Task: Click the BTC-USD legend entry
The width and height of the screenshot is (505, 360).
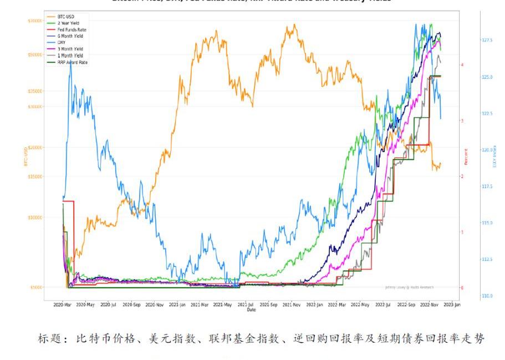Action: tap(66, 17)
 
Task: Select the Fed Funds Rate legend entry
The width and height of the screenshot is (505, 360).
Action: tap(72, 29)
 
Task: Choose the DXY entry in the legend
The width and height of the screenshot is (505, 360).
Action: tap(62, 43)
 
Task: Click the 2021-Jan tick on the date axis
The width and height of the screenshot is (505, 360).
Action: tap(177, 305)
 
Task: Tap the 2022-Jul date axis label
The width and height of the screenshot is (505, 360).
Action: tap(383, 305)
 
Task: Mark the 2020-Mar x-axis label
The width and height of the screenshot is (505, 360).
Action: tap(62, 305)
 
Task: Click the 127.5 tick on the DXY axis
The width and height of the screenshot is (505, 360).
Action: tap(487, 40)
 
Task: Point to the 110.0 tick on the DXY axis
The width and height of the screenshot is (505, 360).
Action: tap(487, 296)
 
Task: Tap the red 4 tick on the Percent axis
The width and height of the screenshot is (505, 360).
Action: tap(462, 65)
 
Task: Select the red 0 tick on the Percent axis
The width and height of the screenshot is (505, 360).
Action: tap(462, 288)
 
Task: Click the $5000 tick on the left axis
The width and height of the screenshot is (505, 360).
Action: tap(35, 287)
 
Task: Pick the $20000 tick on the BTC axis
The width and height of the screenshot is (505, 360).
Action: tap(34, 148)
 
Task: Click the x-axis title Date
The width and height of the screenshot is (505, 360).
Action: tap(251, 310)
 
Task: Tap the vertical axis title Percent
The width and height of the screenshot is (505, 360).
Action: tap(466, 156)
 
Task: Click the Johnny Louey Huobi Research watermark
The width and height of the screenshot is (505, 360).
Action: tap(409, 287)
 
